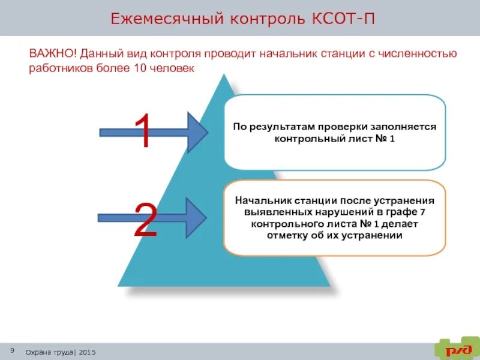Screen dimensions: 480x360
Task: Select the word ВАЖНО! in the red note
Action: [51, 53]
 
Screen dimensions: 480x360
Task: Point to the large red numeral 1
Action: [143, 132]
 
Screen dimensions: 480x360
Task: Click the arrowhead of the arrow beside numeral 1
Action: [199, 131]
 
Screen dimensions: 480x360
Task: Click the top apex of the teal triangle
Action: [225, 75]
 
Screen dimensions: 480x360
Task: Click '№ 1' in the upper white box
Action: [385, 139]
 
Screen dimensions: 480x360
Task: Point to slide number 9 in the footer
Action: [12, 350]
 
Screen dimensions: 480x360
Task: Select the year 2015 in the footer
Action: [86, 352]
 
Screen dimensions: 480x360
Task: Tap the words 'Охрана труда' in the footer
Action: [49, 352]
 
